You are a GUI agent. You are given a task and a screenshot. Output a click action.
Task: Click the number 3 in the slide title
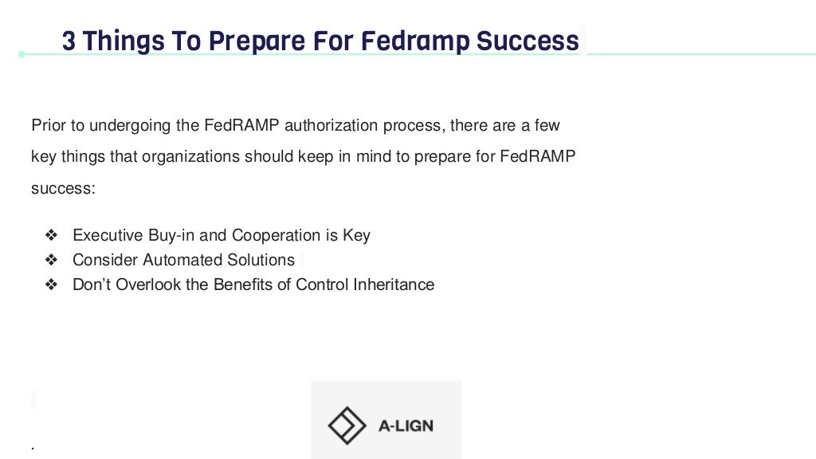pyautogui.click(x=69, y=41)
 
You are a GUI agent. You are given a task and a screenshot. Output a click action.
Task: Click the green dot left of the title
pyautogui.click(x=22, y=54)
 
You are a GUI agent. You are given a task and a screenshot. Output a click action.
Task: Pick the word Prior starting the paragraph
pyautogui.click(x=46, y=125)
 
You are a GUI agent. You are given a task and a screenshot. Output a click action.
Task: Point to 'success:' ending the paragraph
pyautogui.click(x=63, y=188)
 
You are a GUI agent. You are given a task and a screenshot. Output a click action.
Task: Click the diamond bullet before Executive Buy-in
pyautogui.click(x=52, y=236)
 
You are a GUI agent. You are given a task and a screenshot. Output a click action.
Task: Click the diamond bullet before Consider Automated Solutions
pyautogui.click(x=52, y=261)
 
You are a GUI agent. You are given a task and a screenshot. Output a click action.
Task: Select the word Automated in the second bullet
pyautogui.click(x=184, y=260)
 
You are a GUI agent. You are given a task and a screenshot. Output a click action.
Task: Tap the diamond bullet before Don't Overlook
pyautogui.click(x=52, y=285)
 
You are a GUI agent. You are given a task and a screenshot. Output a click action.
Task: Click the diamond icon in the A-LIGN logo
pyautogui.click(x=347, y=426)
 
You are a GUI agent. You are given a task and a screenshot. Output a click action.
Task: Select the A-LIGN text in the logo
pyautogui.click(x=405, y=426)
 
